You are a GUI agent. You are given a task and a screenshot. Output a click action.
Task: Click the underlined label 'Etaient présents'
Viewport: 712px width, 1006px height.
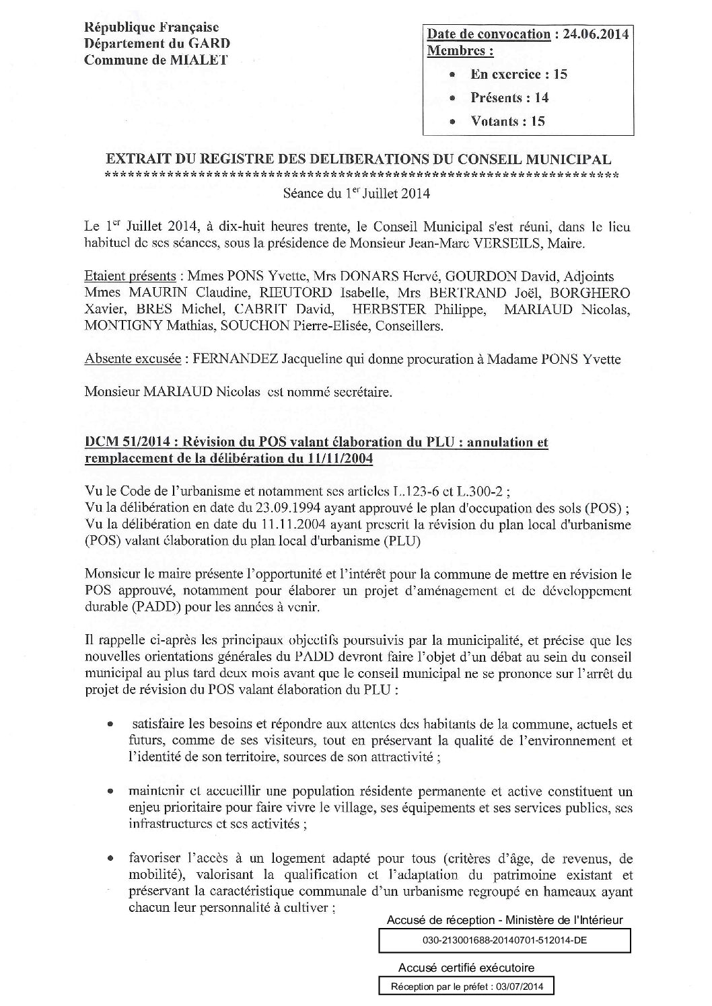click(130, 277)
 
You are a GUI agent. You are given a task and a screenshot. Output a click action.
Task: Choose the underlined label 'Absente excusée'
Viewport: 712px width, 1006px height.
click(132, 359)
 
